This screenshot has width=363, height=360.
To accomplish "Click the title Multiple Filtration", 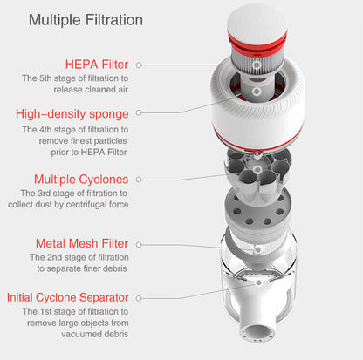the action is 86,20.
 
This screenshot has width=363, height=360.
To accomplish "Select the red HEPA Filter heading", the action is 97,65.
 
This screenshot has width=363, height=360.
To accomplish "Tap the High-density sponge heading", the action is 72,114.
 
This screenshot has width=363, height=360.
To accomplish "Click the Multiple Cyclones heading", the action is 81,180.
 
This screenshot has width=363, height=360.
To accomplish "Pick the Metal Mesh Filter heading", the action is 82,243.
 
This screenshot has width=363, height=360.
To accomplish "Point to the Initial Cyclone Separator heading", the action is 68,297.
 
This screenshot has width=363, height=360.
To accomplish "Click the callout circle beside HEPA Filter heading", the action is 139,65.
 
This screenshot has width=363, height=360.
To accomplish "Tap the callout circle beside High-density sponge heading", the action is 139,112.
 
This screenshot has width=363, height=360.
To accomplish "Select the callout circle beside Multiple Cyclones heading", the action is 139,180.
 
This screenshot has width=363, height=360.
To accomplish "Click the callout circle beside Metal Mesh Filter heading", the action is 139,245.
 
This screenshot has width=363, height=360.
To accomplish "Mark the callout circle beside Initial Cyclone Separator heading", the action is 139,298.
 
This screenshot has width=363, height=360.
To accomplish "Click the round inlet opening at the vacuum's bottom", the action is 257,332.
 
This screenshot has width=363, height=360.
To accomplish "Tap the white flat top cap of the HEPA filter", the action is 257,20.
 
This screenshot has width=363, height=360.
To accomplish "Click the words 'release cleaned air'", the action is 91,90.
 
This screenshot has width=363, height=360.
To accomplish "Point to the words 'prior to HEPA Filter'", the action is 89,152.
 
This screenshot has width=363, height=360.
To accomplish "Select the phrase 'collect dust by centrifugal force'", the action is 68,204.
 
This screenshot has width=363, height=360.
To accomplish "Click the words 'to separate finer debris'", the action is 82,268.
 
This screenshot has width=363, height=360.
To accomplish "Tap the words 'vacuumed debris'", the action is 95,334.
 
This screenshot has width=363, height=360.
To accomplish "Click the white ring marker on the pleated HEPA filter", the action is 257,65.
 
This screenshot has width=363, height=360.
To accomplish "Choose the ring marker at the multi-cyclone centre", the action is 257,169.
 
